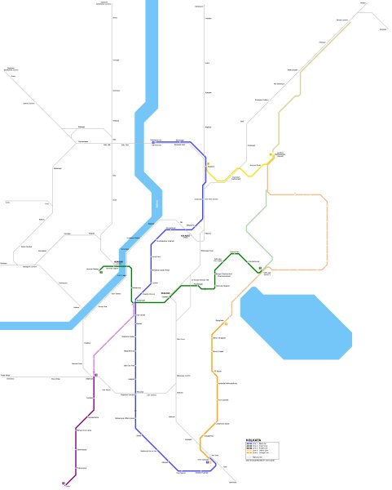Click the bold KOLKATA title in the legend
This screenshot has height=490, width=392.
pos(252,439)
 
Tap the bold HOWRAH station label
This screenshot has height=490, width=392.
pos(120,262)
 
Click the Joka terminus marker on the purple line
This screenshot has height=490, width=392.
pos(64,483)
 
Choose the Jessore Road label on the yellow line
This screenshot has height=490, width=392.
pos(255,165)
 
